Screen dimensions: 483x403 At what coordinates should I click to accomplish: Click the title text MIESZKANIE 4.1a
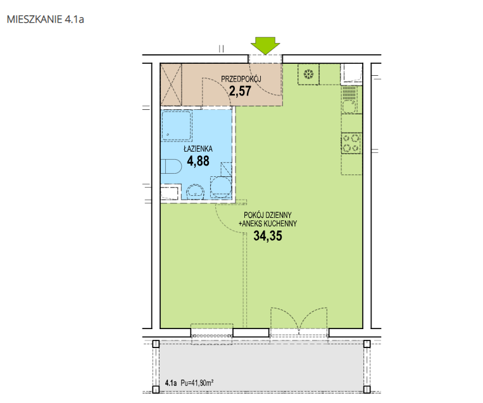[46, 20]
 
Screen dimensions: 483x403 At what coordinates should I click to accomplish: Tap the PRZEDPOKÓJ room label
[241, 79]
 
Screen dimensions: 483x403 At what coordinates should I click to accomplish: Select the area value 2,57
[240, 91]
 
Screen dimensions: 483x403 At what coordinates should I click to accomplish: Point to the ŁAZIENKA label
[198, 149]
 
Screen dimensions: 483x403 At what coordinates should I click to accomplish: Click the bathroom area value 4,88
[198, 161]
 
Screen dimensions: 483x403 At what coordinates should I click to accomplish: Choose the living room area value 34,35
[268, 236]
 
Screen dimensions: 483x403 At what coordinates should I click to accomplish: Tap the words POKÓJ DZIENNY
[268, 215]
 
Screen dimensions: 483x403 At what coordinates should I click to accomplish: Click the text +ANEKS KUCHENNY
[268, 224]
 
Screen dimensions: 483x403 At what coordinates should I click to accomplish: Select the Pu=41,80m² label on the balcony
[197, 383]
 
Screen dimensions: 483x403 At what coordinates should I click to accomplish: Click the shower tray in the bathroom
[177, 125]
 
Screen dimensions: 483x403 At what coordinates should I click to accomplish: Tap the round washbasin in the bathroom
[196, 191]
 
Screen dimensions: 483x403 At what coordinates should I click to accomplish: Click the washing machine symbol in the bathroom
[221, 187]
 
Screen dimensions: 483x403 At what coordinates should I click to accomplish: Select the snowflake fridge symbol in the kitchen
[308, 74]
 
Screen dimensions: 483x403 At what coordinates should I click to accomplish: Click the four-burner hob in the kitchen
[351, 143]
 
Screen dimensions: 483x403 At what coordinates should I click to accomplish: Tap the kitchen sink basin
[349, 107]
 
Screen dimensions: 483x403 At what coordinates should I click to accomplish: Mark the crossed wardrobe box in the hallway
[171, 85]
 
